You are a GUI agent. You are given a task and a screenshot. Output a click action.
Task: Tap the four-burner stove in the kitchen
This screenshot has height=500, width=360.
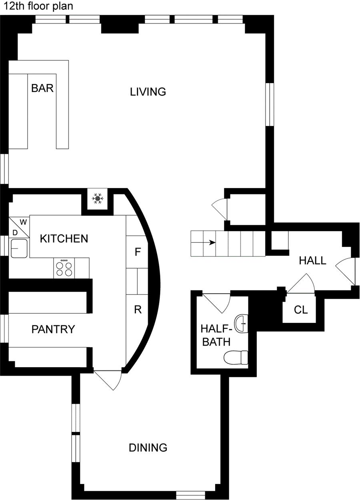pos(65,268)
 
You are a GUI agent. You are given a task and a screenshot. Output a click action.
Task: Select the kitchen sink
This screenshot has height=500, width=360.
pos(19,248)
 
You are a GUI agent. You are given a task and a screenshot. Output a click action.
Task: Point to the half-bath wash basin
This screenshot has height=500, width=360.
pos(241,324)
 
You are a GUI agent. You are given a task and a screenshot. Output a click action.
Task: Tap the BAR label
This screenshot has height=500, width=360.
pos(42,88)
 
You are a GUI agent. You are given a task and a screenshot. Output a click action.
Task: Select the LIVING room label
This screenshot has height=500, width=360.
pos(148,92)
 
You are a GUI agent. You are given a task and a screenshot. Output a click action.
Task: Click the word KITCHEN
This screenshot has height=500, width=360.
pos(64,239)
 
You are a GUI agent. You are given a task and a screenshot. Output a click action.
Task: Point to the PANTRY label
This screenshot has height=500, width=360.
pos(53,329)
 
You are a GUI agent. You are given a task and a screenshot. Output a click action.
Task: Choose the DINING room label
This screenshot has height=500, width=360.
pos(148,448)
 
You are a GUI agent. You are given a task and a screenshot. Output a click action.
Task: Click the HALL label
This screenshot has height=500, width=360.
pos(313,261)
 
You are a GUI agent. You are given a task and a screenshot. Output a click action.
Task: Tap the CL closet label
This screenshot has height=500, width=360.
pos(300,310)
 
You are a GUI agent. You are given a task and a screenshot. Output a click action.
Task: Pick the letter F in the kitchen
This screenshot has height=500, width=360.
pos(138,252)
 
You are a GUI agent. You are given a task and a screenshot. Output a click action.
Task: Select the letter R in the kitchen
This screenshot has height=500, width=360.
pos(138,310)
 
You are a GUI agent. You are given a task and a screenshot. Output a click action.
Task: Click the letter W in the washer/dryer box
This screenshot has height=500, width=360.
pos(23,222)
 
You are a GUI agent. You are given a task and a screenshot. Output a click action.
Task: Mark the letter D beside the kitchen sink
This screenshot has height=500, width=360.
pos(15,232)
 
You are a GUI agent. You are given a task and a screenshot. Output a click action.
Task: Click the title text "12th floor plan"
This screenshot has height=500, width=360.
pos(39,7)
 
